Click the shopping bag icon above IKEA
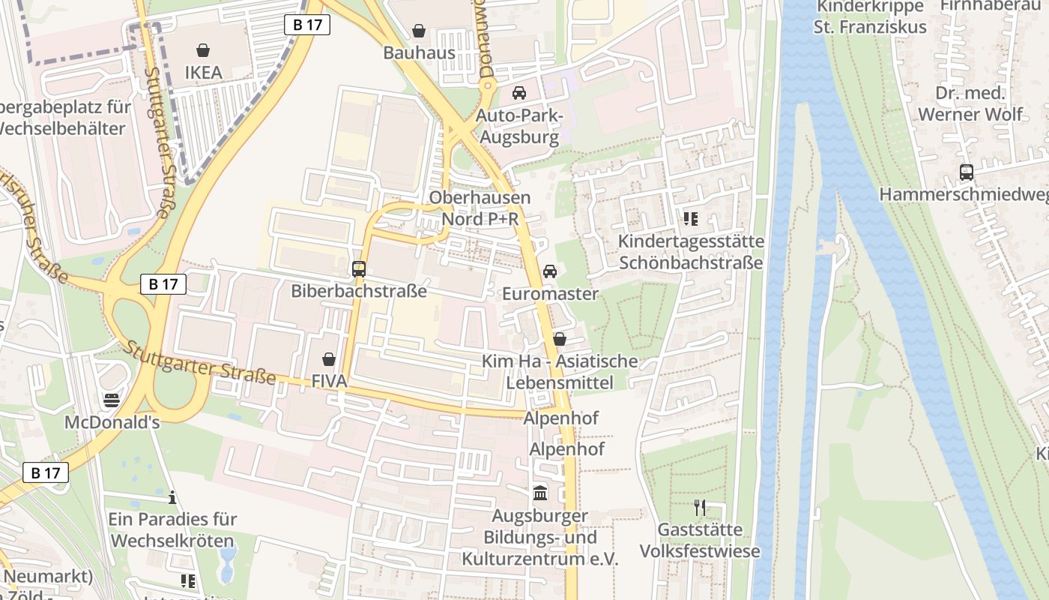pos(202,50)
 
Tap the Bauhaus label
pos(419,52)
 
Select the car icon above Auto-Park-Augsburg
pos(519,93)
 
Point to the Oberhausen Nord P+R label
pos(480,208)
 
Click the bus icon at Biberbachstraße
pos(359,268)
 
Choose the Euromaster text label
pos(550,293)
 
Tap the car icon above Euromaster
pos(550,271)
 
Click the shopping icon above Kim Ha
pos(559,339)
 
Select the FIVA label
pos(329,382)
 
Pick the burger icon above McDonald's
pos(112,400)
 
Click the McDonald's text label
pos(112,422)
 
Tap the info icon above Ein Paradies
pos(172,497)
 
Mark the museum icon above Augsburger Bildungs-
pos(539,493)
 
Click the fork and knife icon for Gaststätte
pos(700,508)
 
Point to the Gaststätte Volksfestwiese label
pos(700,541)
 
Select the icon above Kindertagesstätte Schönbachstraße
pos(690,219)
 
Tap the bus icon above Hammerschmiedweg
pos(967,172)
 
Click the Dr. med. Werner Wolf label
pos(970,103)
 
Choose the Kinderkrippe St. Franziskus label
pos(870,16)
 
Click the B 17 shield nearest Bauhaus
pos(307,25)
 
